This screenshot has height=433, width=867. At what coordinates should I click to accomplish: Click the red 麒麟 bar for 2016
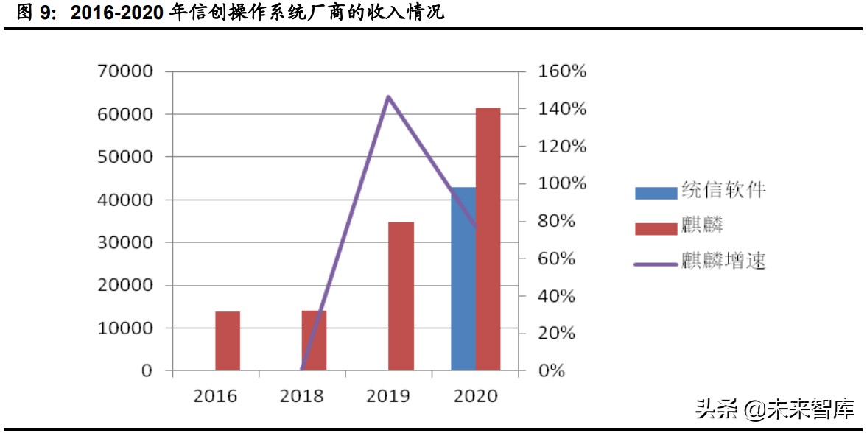[x=228, y=341]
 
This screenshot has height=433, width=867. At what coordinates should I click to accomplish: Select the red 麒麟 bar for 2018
[x=314, y=340]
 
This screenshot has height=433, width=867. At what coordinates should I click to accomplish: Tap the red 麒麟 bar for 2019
[x=401, y=296]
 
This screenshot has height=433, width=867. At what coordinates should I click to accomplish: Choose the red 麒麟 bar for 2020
[x=488, y=239]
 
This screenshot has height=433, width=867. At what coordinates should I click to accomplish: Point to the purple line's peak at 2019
[x=388, y=96]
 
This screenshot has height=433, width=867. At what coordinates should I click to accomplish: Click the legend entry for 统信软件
[x=700, y=191]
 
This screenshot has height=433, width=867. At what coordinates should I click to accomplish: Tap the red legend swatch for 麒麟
[x=656, y=226]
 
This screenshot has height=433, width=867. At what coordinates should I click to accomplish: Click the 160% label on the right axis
[x=562, y=71]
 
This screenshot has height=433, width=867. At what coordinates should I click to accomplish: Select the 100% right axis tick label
[x=562, y=183]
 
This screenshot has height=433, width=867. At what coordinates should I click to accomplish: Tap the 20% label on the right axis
[x=558, y=333]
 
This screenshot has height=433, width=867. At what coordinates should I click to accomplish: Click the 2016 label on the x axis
[x=215, y=396]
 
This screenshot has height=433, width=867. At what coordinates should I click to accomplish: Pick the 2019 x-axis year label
[x=388, y=396]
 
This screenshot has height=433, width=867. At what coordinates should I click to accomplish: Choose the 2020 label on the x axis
[x=475, y=396]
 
